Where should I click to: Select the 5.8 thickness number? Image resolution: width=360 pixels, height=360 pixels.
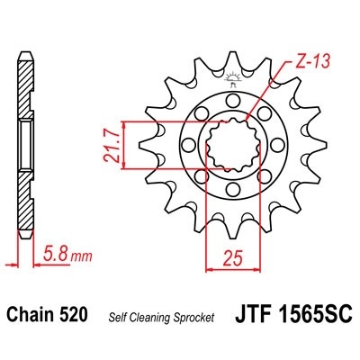click(x=53, y=256)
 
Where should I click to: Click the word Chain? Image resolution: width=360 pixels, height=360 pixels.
click(x=33, y=316)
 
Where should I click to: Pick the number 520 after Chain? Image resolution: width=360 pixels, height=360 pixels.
click(x=74, y=316)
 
